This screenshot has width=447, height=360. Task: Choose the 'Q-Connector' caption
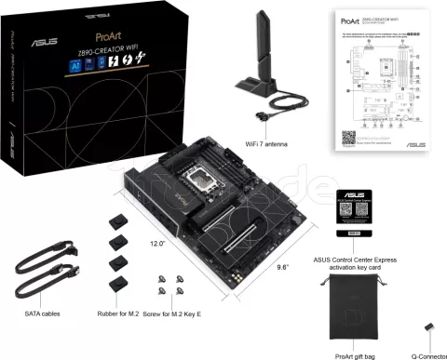point(424,355)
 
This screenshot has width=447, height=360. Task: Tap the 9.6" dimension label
point(278,266)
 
